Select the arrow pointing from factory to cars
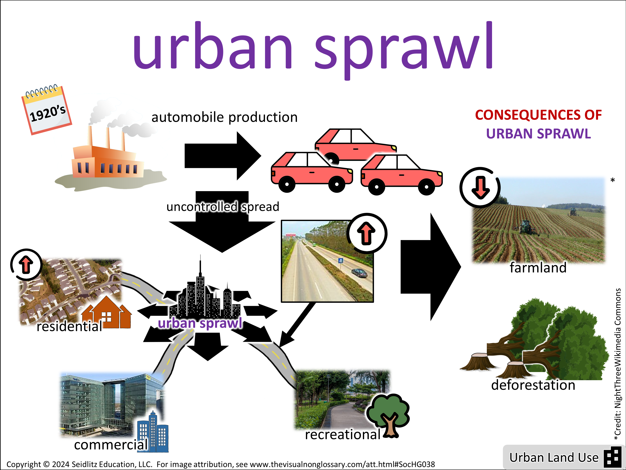tap(222, 156)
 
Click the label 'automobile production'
tap(224, 117)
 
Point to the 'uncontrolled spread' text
tap(223, 207)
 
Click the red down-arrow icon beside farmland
tap(480, 187)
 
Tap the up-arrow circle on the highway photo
tap(367, 233)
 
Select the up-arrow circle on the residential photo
tap(26, 265)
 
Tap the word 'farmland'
tap(538, 267)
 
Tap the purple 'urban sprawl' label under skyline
tap(200, 323)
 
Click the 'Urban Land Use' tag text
tap(554, 457)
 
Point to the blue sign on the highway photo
tap(341, 260)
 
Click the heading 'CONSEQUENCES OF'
tap(538, 115)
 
